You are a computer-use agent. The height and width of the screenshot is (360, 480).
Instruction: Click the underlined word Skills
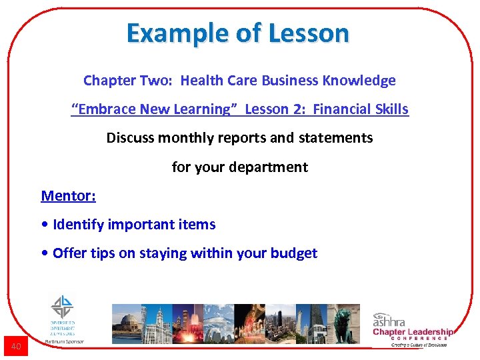[x=393, y=109]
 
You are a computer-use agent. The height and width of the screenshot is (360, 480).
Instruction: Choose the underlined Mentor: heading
[x=68, y=195]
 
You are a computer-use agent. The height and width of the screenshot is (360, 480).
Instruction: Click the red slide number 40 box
[x=15, y=346]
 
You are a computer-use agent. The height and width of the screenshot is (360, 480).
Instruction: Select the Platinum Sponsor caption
[x=64, y=341]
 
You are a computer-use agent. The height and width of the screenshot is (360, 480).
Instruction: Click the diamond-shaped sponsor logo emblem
[x=63, y=307]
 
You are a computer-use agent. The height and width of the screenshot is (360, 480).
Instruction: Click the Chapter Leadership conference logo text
[x=413, y=332]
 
